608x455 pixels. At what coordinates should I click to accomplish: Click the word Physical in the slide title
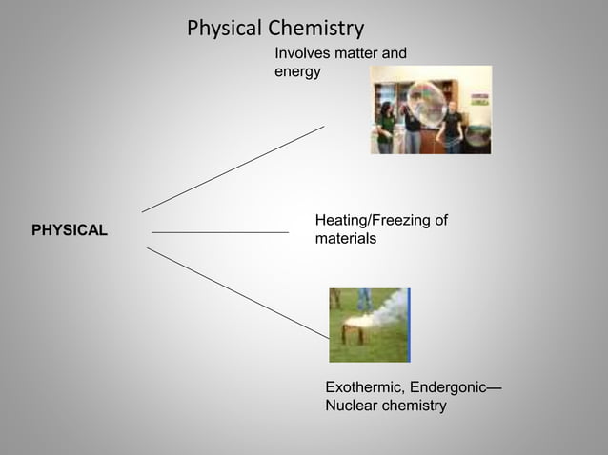click(x=219, y=29)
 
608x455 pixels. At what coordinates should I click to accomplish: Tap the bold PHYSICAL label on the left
click(x=70, y=231)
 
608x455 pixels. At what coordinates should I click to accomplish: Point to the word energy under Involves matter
click(x=297, y=72)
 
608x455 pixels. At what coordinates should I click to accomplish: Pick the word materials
click(x=345, y=239)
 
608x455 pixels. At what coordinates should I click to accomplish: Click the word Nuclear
click(x=352, y=406)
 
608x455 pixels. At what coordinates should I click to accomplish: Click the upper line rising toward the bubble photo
click(x=233, y=168)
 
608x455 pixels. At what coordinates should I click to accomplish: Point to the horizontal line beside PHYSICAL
click(x=219, y=231)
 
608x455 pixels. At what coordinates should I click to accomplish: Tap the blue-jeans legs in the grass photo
click(x=364, y=298)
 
